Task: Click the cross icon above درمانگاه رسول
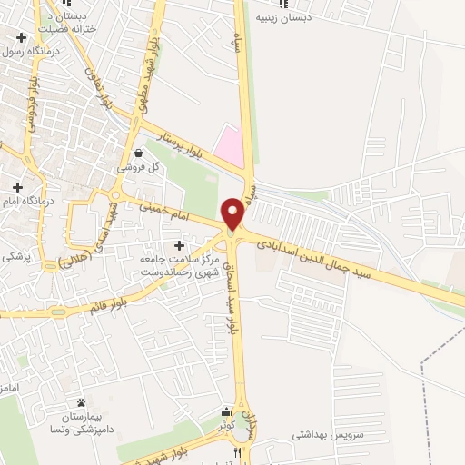pos(20,37)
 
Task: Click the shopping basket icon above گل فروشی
pos(137,153)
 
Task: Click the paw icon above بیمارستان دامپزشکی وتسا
pos(81,401)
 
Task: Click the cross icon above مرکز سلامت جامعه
pos(179,246)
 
